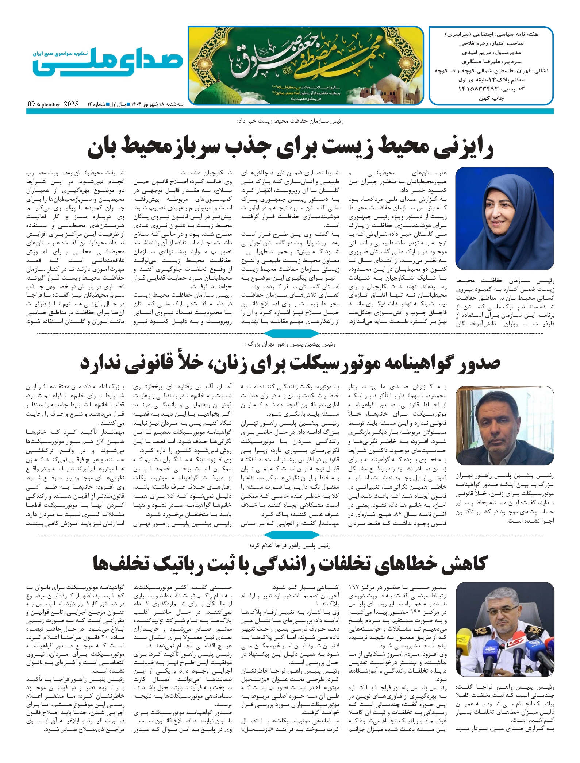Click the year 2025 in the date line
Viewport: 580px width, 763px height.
[x=71, y=104]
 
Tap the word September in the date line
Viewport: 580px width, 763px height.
[x=48, y=105]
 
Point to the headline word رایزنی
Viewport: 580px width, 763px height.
[x=464, y=148]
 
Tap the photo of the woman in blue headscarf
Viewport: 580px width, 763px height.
[x=504, y=218]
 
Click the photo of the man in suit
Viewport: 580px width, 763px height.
[x=504, y=425]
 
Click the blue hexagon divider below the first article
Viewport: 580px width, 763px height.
[x=291, y=333]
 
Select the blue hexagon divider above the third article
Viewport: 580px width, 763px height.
[x=291, y=535]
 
